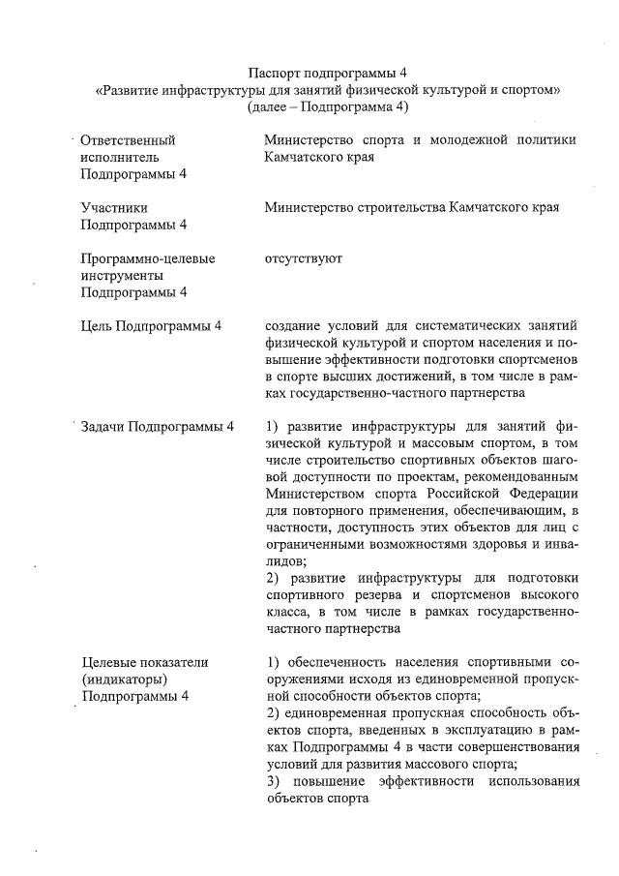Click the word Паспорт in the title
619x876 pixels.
275,73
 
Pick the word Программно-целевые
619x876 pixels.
148,258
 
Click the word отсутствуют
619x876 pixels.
303,258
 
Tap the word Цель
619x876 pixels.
96,326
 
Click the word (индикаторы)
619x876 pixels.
126,679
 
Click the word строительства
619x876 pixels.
395,207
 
